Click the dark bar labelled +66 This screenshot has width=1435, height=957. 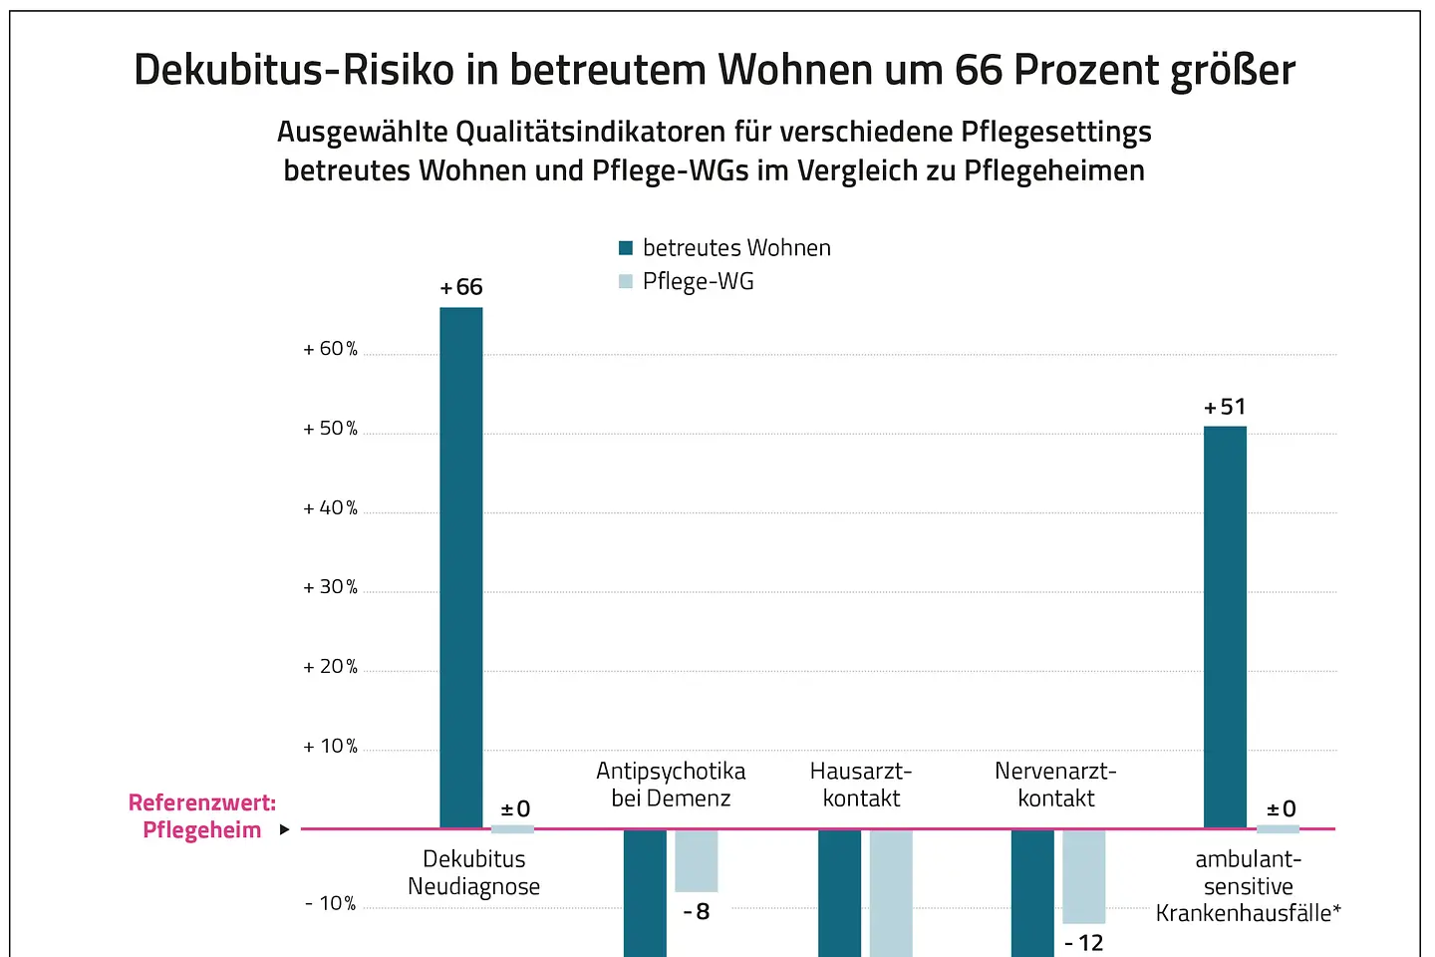tap(461, 567)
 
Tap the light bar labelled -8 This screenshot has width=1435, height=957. tap(696, 861)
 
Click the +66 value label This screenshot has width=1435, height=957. tap(461, 288)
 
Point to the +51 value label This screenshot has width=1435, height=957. tap(1225, 407)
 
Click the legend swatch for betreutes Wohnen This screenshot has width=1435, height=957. tap(626, 248)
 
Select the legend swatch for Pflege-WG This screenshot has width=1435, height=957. tap(626, 281)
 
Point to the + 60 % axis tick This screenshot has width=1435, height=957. tap(330, 349)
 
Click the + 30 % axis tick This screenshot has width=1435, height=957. tap(330, 587)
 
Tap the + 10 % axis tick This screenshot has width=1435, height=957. tap(330, 747)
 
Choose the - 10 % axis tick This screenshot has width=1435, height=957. tap(330, 904)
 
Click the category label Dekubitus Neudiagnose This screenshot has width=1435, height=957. tap(474, 873)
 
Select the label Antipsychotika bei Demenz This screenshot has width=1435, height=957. tap(671, 785)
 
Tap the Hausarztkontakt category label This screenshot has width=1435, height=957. tap(861, 785)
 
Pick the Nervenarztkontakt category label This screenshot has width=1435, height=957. tap(1055, 785)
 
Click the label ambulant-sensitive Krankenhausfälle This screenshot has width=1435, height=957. tap(1248, 886)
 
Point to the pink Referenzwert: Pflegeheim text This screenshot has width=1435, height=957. tap(202, 816)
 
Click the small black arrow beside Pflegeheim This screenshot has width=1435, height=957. tap(284, 829)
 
